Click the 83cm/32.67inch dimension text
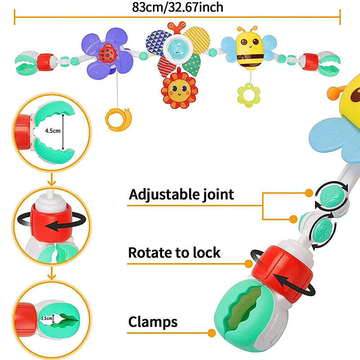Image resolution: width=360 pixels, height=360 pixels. [178, 7]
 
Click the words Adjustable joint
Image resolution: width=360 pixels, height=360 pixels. [181, 194]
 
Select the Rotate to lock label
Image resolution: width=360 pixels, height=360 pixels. [174, 252]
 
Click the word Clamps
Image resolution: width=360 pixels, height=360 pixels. [153, 322]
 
